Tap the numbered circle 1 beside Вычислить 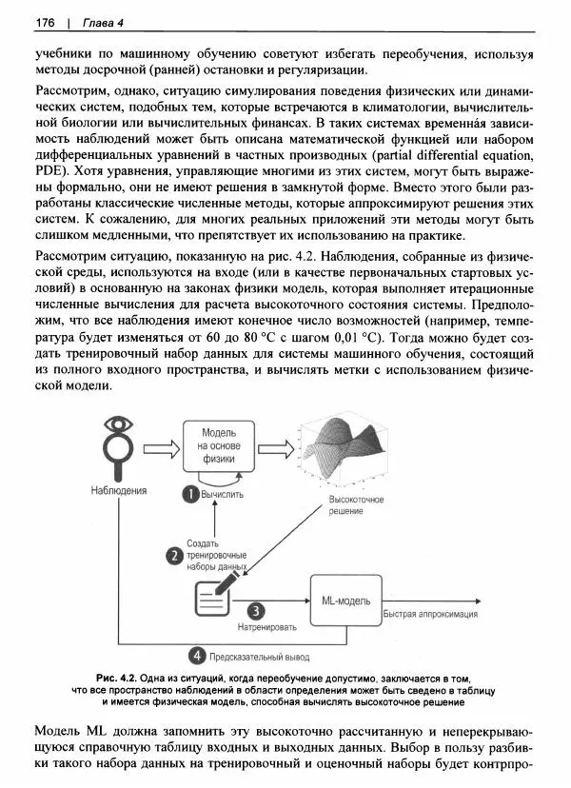pos(189,494)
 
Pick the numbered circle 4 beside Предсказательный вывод pos(196,655)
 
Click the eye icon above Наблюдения pos(117,426)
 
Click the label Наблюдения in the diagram pos(118,491)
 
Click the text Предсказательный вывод pos(260,656)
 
